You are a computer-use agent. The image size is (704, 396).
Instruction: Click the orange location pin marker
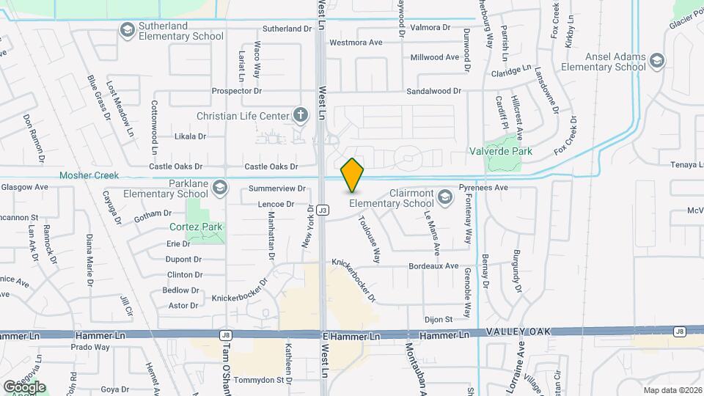coord(352,175)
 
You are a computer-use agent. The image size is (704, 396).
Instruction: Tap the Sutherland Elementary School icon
coord(127,29)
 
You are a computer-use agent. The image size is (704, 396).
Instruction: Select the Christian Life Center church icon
coord(299,114)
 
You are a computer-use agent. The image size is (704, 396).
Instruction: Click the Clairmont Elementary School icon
coord(444,196)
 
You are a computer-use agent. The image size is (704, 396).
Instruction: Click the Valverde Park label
coord(500,151)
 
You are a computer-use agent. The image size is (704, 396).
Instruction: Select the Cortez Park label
coord(195,227)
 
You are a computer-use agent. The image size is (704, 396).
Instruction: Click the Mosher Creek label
coord(89,175)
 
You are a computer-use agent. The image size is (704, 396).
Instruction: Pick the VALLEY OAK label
coord(516,332)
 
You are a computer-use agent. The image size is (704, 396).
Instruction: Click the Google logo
coord(24,386)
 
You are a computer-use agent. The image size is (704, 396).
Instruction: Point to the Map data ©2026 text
coord(672,390)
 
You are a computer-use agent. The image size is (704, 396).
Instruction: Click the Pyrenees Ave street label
coord(483,188)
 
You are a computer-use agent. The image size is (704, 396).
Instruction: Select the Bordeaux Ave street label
coord(433,265)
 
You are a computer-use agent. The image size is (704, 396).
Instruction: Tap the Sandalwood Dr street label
coord(435,91)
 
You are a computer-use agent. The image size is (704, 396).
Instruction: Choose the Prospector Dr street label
coord(236,91)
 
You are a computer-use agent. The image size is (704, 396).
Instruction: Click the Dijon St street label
coord(438,319)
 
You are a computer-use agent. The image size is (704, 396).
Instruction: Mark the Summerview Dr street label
coord(276,189)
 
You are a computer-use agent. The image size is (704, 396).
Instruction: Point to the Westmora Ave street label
coord(356,43)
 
